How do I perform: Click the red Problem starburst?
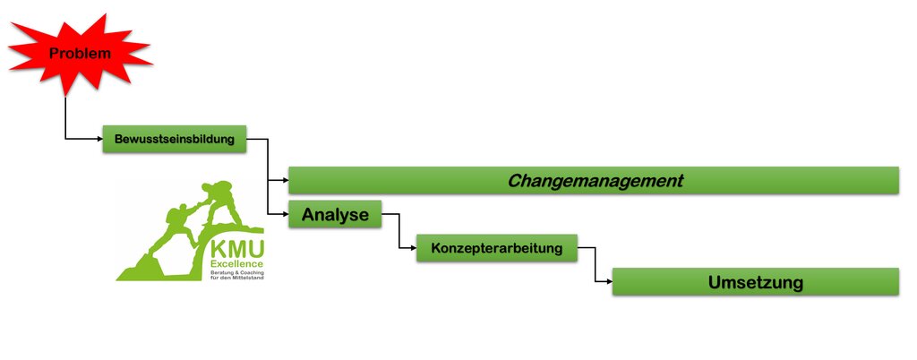tap(79, 54)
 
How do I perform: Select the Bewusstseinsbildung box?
tap(174, 139)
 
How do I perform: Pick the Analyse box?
tap(335, 214)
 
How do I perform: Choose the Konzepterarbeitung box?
tap(497, 248)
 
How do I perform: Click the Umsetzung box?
tap(755, 282)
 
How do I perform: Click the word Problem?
tap(80, 54)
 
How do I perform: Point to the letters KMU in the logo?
tap(236, 249)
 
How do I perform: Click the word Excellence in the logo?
tap(236, 263)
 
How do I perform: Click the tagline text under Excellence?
tap(236, 274)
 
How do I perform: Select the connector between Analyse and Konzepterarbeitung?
tap(399, 231)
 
